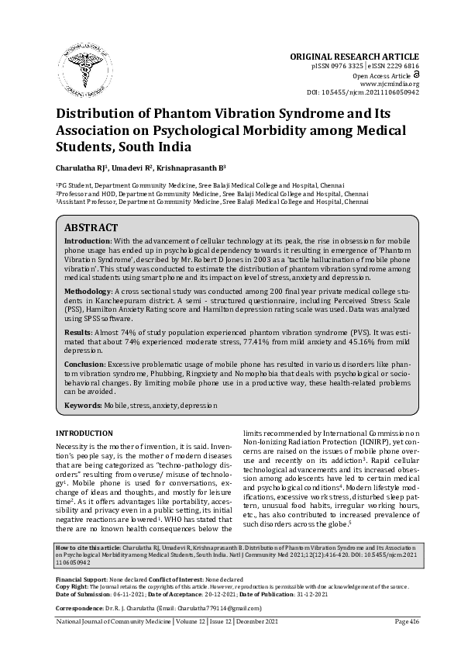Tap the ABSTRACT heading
90,228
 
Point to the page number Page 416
406,643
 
